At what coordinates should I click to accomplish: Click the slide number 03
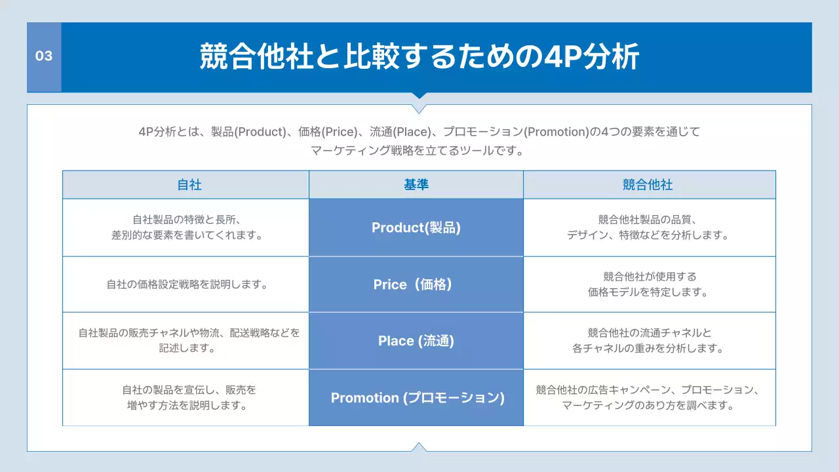[44, 56]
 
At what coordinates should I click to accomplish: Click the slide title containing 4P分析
[419, 57]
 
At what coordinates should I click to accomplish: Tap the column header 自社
[189, 185]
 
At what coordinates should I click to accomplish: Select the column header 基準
[416, 185]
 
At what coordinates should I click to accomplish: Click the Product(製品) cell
[416, 227]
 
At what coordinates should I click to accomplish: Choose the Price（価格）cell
[416, 285]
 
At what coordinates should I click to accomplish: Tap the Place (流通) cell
[416, 341]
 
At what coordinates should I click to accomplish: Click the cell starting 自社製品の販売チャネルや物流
[189, 340]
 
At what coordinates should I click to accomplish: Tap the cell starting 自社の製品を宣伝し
[189, 397]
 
